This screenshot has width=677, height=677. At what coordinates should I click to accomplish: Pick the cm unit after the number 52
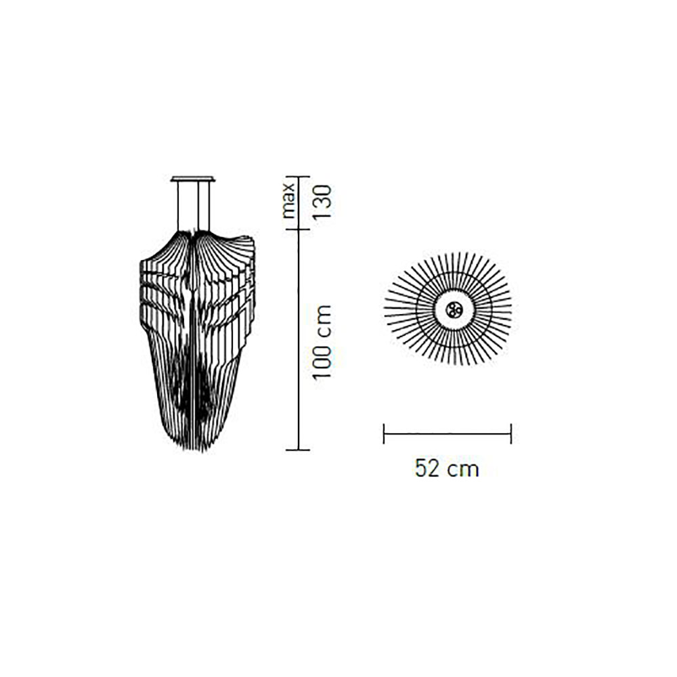coord(464,468)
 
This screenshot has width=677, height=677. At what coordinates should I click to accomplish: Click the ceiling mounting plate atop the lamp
coord(193,179)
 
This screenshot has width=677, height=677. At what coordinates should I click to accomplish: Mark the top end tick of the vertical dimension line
coord(299,177)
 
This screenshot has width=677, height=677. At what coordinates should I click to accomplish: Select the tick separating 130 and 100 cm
coord(299,230)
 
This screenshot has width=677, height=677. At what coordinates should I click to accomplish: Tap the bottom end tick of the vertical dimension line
coord(299,450)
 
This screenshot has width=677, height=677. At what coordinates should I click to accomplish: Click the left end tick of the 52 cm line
coord(384,434)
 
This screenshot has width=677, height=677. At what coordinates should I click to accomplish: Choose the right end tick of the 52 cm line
coord(510,434)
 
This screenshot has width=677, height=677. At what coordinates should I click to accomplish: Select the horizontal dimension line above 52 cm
coord(447,434)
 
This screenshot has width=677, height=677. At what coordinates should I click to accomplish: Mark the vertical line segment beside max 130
coord(299,203)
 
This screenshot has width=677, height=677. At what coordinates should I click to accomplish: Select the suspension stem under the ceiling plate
coord(193,206)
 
